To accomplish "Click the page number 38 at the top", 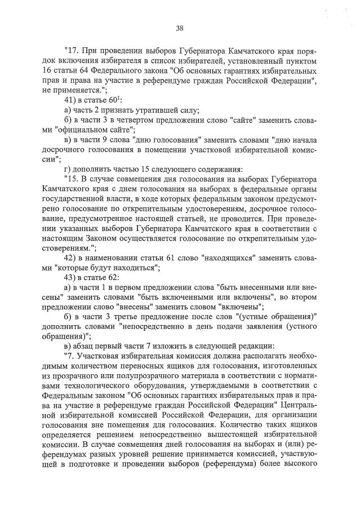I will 180,28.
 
